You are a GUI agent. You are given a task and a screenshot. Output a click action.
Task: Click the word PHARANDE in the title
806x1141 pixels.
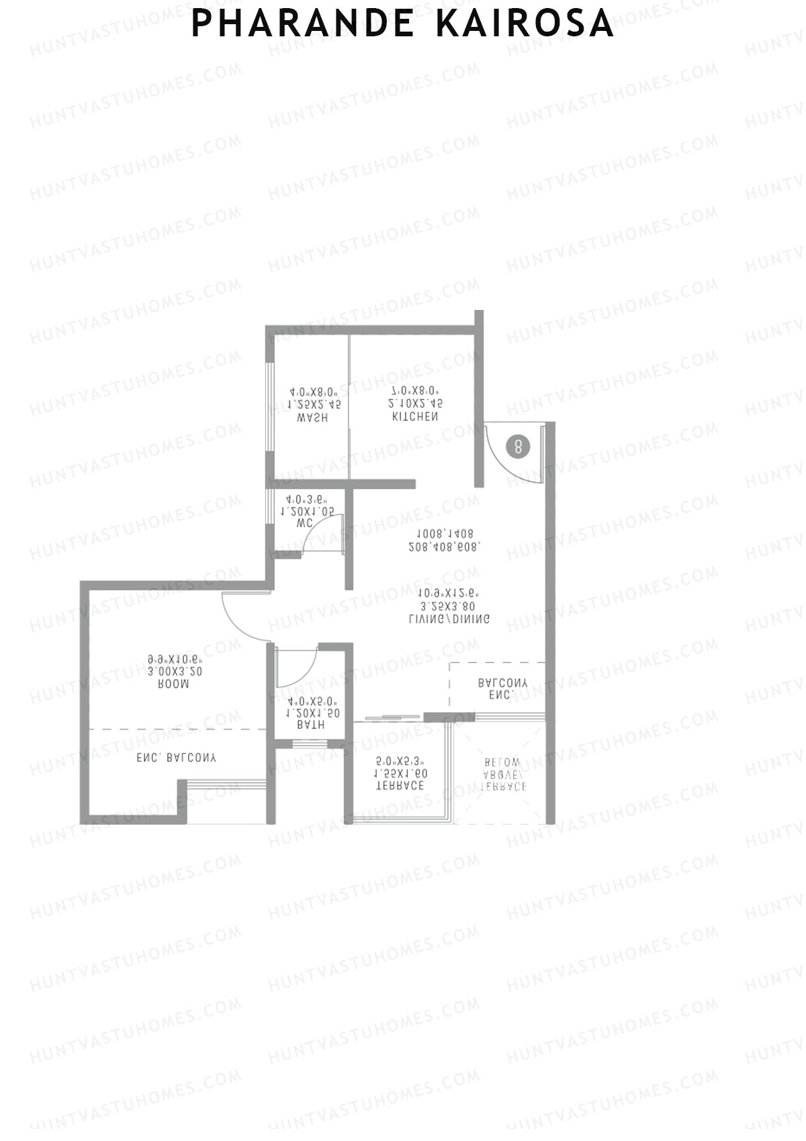(x=303, y=24)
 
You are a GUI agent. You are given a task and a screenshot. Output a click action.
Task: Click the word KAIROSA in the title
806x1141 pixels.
(x=525, y=24)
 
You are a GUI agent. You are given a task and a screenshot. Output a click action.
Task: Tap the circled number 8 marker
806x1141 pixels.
(x=519, y=446)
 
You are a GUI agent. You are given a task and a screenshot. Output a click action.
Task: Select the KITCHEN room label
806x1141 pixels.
(x=415, y=417)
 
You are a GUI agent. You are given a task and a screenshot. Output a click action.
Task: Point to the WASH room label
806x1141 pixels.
(x=312, y=418)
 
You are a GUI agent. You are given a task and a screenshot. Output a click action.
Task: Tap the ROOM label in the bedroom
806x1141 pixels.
(x=173, y=684)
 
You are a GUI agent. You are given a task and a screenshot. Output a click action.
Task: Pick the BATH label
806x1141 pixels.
(x=310, y=725)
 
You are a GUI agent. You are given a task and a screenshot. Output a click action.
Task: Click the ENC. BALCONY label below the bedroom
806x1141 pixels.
(x=177, y=758)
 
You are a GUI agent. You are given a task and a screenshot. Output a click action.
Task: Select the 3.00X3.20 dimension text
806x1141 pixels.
(x=175, y=671)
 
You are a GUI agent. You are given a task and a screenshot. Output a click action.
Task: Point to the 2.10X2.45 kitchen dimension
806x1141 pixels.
(x=415, y=403)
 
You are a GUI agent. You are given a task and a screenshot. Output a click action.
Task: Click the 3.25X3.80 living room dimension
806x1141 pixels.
(x=449, y=606)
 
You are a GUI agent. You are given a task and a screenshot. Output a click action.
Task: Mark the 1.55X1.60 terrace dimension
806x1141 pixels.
(x=400, y=774)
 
